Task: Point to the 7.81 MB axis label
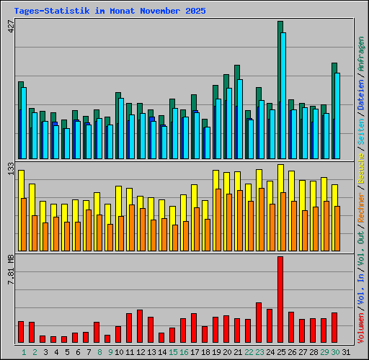(x=10, y=270)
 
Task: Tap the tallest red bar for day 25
(x=280, y=299)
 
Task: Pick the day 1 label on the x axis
(x=24, y=352)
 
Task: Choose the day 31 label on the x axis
(x=347, y=352)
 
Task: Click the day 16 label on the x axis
(x=184, y=352)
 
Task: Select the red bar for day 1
(x=21, y=332)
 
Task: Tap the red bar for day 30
(x=334, y=328)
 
